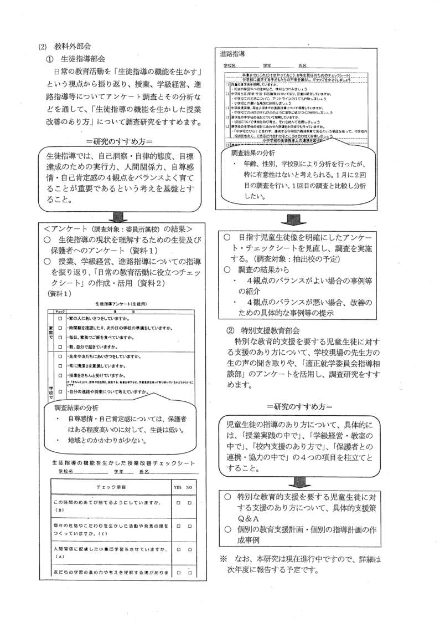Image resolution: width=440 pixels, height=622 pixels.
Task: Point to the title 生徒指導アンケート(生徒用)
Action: point(123,304)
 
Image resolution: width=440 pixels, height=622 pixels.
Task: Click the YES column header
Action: point(178,486)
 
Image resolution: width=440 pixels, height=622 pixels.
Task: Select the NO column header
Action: point(189,486)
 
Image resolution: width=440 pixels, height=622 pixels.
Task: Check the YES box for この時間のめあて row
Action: point(178,503)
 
